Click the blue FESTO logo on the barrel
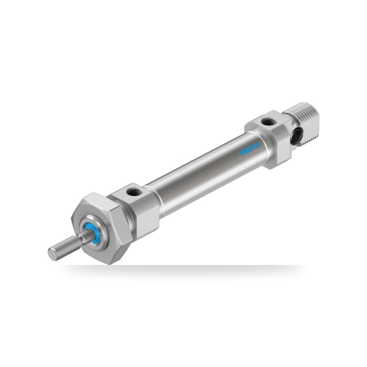(250, 149)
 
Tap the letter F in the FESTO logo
(242, 153)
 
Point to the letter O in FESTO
(258, 145)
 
